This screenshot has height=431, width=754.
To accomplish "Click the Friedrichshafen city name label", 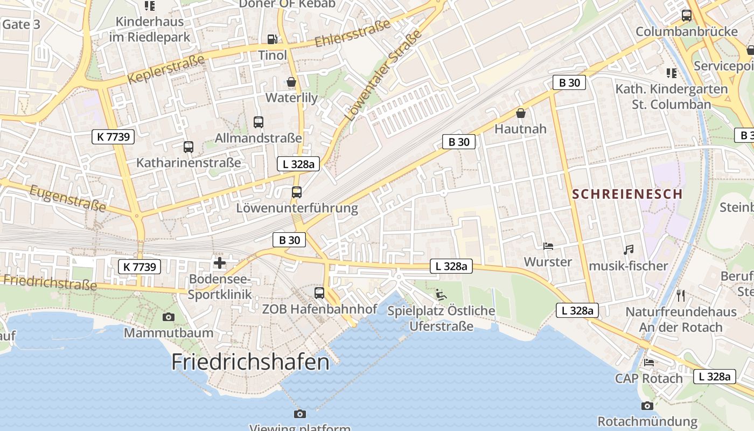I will click(x=250, y=362).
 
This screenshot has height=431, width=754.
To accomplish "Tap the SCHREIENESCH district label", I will click(x=627, y=194).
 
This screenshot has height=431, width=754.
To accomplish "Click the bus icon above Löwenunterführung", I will click(x=297, y=192).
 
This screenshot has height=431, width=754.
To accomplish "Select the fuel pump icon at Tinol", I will click(x=273, y=39).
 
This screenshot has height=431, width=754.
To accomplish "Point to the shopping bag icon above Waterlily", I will click(x=291, y=82).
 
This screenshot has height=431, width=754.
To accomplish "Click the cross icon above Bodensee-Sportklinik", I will click(x=220, y=263).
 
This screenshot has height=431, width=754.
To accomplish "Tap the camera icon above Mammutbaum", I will click(x=169, y=317).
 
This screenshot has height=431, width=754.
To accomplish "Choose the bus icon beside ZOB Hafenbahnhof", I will click(x=319, y=293).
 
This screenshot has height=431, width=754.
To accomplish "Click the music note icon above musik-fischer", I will click(x=628, y=249).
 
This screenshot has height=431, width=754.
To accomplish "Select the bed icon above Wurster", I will click(x=548, y=246).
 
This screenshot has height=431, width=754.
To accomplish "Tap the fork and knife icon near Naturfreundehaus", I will click(x=681, y=295).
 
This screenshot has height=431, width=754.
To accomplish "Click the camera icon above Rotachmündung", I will click(x=647, y=406).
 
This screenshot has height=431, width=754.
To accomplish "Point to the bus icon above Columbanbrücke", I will click(x=687, y=16).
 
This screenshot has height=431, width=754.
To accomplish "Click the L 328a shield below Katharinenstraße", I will click(x=298, y=164).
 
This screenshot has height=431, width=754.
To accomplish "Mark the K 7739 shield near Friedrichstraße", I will click(x=139, y=266).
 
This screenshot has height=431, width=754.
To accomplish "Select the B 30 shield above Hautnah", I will click(x=569, y=82).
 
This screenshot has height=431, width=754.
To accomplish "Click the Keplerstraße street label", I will click(x=166, y=69).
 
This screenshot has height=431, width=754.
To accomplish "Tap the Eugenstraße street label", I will click(x=67, y=198).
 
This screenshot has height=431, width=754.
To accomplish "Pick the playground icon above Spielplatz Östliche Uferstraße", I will click(x=441, y=295).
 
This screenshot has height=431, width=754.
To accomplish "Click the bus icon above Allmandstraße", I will click(x=259, y=122).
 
